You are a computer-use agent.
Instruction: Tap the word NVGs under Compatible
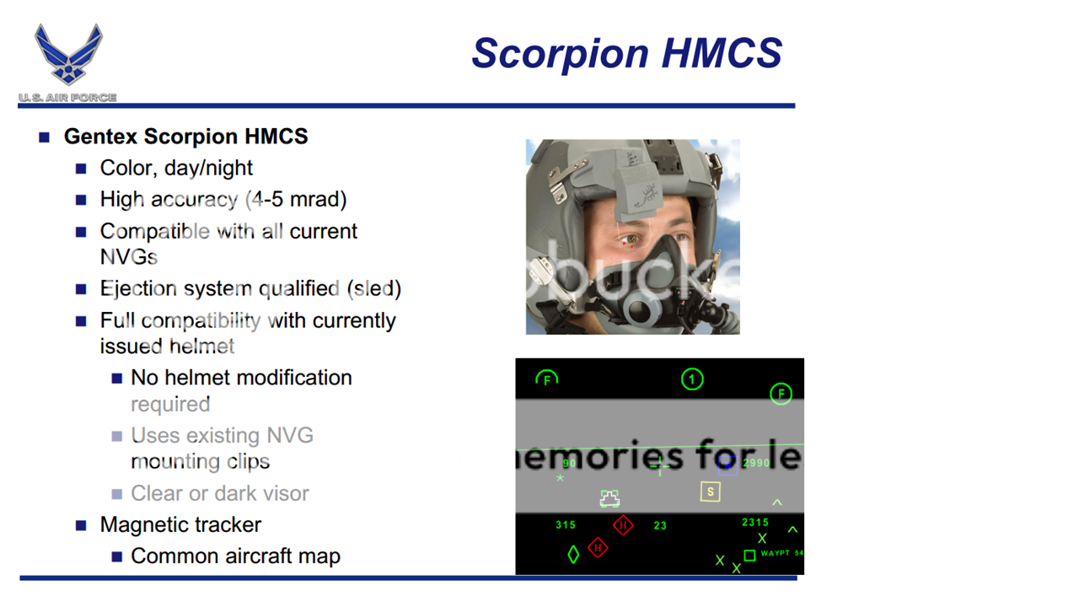[129, 257]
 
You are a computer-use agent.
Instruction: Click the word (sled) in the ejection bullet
[374, 289]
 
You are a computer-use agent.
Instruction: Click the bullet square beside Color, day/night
[81, 169]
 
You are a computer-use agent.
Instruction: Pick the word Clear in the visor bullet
[157, 493]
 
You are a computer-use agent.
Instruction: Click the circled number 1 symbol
[692, 379]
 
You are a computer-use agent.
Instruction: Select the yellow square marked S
[711, 492]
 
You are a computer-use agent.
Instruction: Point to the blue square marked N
[727, 465]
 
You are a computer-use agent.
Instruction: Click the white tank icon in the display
[609, 499]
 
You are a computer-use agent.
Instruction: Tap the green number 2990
[756, 463]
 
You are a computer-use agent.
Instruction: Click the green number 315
[566, 525]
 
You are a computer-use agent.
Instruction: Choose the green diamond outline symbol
[573, 555]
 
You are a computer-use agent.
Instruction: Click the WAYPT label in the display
[776, 554]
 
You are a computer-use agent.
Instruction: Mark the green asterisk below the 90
[560, 478]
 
